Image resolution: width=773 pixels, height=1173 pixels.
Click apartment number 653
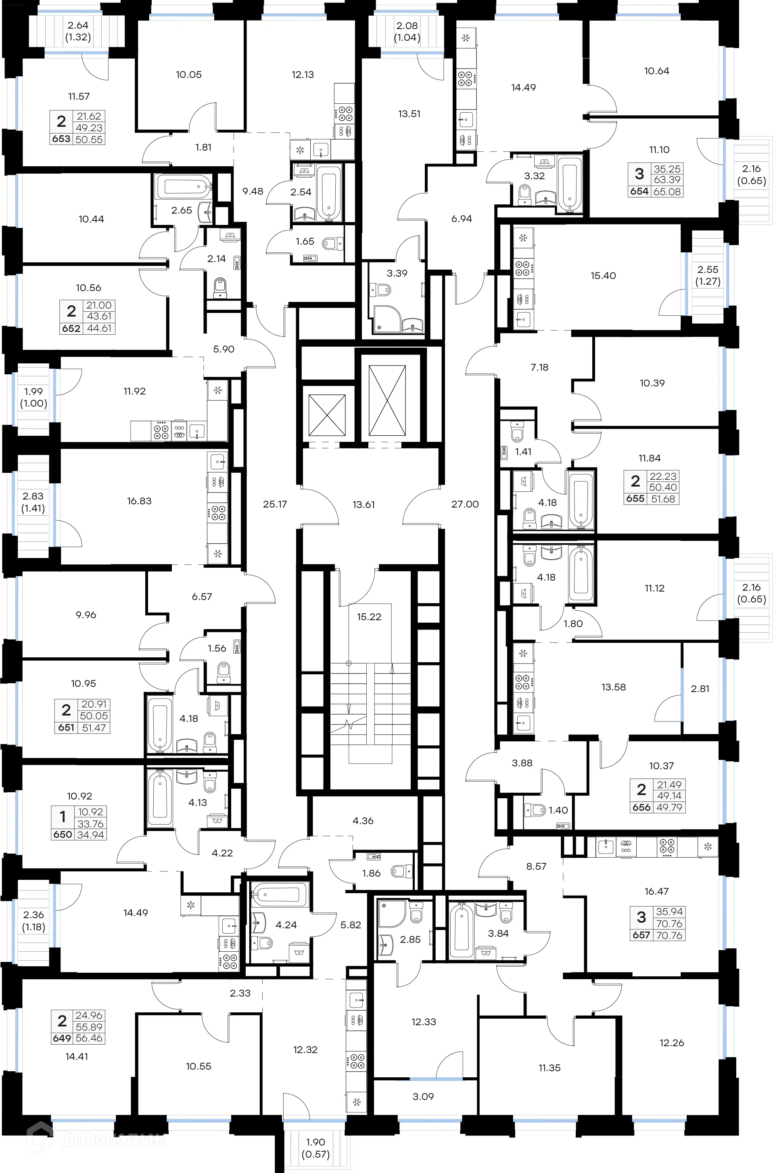pyautogui.click(x=61, y=139)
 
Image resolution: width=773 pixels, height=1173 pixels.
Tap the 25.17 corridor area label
pyautogui.click(x=275, y=504)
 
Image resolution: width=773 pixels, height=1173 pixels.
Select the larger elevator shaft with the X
pyautogui.click(x=387, y=401)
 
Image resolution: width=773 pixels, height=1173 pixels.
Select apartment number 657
pyautogui.click(x=641, y=935)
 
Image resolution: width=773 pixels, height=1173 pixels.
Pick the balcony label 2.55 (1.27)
pyautogui.click(x=707, y=275)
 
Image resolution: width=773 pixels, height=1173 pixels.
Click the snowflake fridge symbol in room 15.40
pyautogui.click(x=523, y=239)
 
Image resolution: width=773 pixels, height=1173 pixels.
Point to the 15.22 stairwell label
pyautogui.click(x=369, y=617)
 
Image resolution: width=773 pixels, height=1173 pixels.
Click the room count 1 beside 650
pyautogui.click(x=63, y=817)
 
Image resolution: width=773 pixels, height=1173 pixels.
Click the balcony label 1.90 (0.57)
pyautogui.click(x=315, y=1148)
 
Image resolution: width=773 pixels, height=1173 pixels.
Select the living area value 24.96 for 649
pyautogui.click(x=89, y=1015)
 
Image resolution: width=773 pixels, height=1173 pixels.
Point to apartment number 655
pyautogui.click(x=635, y=499)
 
